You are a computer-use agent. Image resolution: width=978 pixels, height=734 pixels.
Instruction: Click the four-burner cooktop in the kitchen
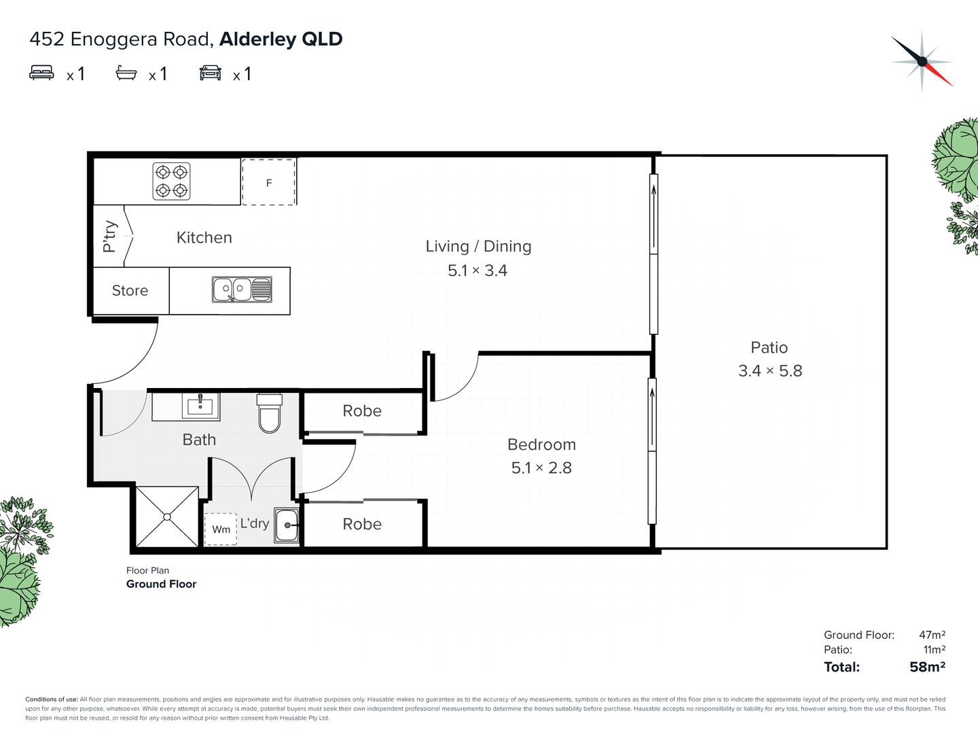point(172,181)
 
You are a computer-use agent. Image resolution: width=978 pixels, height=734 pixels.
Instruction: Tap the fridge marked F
point(269,182)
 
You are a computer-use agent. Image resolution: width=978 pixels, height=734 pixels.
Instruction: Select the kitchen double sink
point(242,290)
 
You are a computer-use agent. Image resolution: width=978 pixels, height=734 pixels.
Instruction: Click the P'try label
point(109,237)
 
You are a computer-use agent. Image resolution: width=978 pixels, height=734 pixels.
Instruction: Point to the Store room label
point(130,291)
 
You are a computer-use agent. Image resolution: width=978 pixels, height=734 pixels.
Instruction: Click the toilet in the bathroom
point(270,413)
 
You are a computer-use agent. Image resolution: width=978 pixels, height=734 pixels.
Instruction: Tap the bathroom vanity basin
point(200,406)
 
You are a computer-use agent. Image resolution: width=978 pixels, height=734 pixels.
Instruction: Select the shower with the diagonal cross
point(167,517)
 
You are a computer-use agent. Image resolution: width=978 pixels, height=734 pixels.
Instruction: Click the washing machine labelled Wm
point(221,529)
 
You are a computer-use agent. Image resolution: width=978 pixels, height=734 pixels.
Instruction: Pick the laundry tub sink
point(286,525)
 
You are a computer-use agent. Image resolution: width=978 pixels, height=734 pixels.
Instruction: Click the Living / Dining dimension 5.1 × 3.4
point(477,270)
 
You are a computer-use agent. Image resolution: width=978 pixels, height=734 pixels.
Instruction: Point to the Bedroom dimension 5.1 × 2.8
point(541,468)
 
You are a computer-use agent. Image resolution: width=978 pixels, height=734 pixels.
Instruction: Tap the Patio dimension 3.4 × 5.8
point(770,371)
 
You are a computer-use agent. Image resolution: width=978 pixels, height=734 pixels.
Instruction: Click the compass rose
point(922,61)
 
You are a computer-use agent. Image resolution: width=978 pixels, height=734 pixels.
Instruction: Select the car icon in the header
point(211,73)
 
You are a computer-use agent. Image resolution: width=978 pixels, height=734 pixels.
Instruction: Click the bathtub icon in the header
point(126,73)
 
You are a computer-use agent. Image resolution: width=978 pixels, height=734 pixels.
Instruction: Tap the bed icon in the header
point(41,73)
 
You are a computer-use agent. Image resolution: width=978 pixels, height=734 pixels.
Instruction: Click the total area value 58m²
point(927,667)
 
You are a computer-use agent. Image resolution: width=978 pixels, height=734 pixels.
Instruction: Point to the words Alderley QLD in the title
point(280,39)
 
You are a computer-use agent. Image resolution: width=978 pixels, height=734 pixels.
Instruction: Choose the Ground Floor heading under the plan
point(161,584)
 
